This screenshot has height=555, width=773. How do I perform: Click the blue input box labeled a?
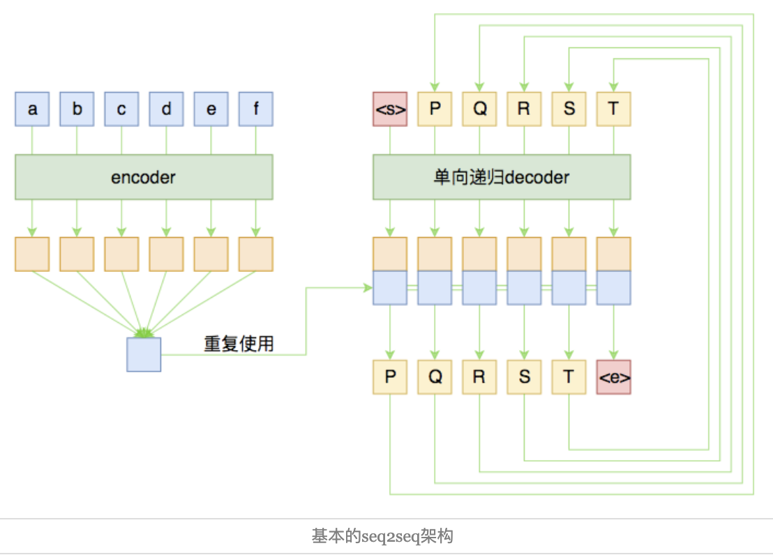click(x=32, y=109)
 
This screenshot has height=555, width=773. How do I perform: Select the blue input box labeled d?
click(x=166, y=109)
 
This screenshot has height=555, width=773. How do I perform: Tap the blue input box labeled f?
click(x=255, y=109)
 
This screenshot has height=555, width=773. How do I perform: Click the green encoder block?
click(x=144, y=177)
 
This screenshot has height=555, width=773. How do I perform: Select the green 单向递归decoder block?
click(x=501, y=177)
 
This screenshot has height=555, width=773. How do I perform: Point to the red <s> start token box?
click(x=390, y=109)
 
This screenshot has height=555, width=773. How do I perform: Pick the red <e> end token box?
click(x=614, y=377)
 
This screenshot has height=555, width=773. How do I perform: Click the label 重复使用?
click(x=239, y=344)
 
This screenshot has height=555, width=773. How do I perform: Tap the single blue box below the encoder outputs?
click(x=144, y=354)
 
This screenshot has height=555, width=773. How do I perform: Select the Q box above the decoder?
click(x=479, y=109)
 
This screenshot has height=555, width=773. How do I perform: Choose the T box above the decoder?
click(x=614, y=109)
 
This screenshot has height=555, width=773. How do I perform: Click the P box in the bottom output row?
click(x=390, y=377)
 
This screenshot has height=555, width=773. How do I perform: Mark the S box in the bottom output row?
click(x=524, y=377)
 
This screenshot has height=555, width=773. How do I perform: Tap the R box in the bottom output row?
click(x=479, y=377)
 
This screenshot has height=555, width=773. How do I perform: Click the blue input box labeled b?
click(x=77, y=109)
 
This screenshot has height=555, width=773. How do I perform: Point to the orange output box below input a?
click(x=32, y=254)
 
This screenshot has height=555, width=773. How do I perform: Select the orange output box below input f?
click(x=255, y=254)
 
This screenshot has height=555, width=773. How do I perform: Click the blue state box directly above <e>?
click(x=614, y=288)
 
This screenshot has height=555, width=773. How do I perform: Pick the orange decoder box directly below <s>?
click(x=390, y=254)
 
